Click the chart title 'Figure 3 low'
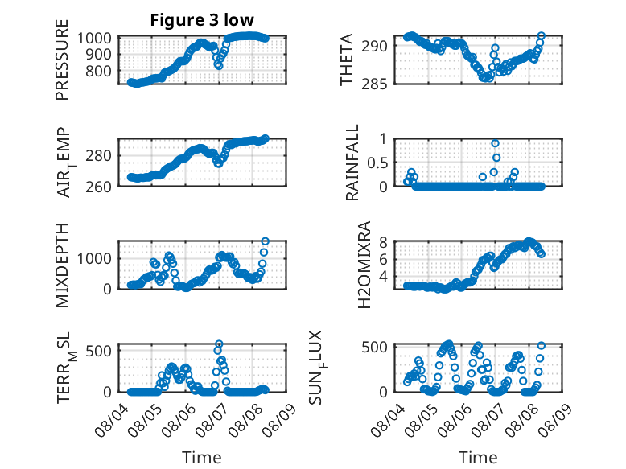(x=202, y=20)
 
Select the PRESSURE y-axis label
(x=62, y=60)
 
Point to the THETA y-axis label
(x=347, y=60)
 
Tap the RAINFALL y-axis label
(x=352, y=163)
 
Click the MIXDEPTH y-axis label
(x=62, y=265)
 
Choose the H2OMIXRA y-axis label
(x=364, y=265)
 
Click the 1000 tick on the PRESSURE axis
(x=94, y=39)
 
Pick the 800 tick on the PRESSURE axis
(x=99, y=71)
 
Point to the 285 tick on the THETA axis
(x=374, y=84)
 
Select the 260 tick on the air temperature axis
(x=98, y=187)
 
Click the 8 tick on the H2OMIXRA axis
(x=383, y=242)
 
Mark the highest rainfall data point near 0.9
(x=495, y=143)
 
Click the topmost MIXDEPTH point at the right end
(x=265, y=241)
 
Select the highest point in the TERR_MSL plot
(x=219, y=344)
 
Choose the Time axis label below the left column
(x=202, y=457)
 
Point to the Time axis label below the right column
(x=478, y=457)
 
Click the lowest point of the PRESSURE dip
(x=219, y=66)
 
